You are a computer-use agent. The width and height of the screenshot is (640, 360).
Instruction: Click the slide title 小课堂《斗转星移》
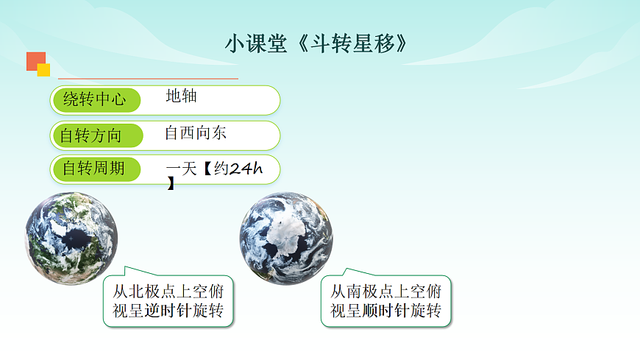316,43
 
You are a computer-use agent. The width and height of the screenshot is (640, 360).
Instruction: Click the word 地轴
181,96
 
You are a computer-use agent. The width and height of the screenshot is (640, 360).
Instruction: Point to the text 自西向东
195,133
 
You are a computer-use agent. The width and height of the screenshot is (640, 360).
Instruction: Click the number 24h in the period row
246,170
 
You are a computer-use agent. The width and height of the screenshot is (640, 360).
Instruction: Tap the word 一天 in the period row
182,170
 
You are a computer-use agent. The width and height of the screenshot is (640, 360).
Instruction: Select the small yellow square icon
43,70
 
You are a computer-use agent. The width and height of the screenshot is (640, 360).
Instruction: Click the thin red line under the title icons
147,77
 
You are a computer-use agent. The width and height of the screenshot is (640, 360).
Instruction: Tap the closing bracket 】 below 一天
171,184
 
